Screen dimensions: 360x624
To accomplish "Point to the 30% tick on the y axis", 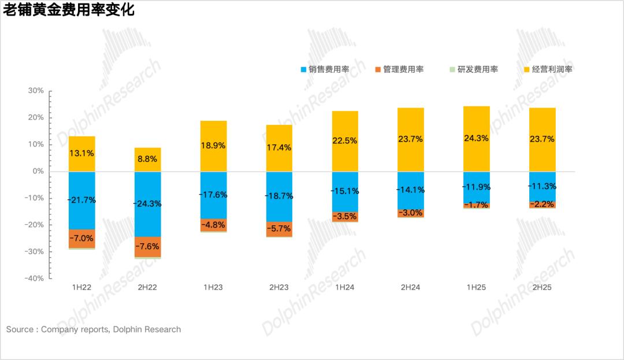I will (36, 91).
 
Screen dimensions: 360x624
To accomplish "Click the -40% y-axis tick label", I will (35, 278).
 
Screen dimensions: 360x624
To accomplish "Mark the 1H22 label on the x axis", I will (81, 287).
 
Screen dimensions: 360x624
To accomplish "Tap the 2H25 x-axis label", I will (542, 287).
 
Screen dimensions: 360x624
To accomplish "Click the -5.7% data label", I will (279, 229).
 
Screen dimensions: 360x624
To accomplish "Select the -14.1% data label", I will (411, 190).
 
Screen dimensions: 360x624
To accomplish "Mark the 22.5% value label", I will (345, 140).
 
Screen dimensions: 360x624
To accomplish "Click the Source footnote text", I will (94, 329).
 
